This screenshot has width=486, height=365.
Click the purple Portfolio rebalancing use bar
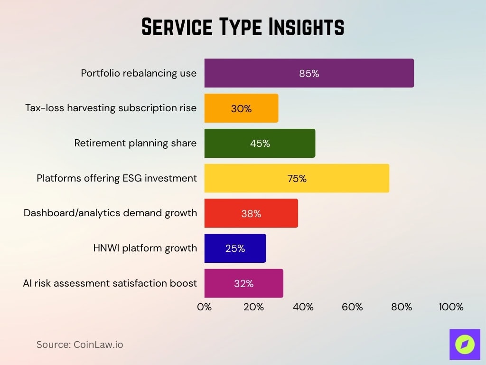pos(308,73)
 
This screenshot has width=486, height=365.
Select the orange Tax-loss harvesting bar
pos(241,108)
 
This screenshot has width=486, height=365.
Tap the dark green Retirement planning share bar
pos(260,144)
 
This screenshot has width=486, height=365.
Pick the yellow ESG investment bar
pos(297,178)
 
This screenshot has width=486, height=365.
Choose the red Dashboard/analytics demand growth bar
pos(251,213)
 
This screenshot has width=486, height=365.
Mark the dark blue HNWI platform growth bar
pos(235,249)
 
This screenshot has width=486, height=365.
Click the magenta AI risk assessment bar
pos(243,284)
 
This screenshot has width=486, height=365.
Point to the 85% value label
pos(309,74)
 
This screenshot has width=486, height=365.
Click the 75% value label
pos(297,179)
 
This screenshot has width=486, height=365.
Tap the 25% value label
pos(235,249)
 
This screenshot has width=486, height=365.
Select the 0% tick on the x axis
pos(204,307)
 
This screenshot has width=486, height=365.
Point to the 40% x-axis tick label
pos(303,307)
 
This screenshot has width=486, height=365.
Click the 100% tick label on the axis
pos(450,307)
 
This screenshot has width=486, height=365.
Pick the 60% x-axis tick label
pos(352,307)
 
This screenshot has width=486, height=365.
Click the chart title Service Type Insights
pos(243,28)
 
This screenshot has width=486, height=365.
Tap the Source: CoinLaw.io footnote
pos(80,345)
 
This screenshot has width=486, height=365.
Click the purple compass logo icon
pos(464,344)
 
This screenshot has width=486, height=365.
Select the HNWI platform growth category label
pos(145,248)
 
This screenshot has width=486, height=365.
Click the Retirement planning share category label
pos(135,143)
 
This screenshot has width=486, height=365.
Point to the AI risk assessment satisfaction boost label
pos(110,283)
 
